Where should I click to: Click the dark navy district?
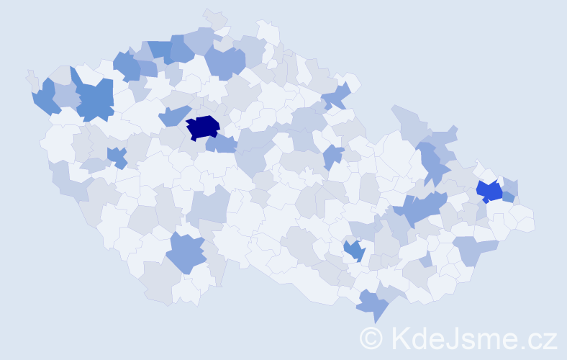[203, 127]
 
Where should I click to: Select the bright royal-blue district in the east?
[490, 192]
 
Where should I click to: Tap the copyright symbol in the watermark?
[371, 338]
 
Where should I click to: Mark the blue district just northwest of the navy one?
[173, 115]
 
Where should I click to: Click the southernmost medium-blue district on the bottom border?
[373, 305]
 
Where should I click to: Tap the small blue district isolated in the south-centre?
[354, 251]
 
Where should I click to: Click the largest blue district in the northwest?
[94, 100]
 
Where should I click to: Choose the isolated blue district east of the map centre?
[332, 156]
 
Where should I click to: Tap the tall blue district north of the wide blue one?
[432, 161]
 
